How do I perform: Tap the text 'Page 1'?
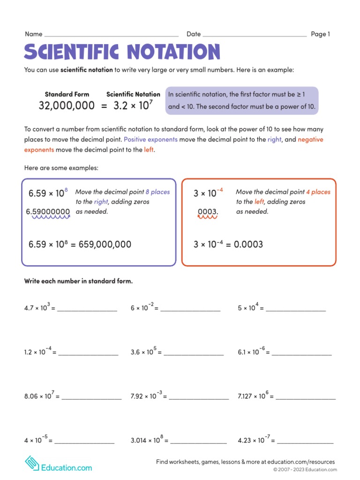[321, 34]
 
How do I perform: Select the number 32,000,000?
[67, 106]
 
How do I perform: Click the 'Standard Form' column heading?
[67, 94]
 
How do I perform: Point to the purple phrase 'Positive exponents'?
[150, 140]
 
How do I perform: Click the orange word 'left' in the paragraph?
[149, 150]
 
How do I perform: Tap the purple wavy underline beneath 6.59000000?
[48, 217]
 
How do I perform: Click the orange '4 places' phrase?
[318, 192]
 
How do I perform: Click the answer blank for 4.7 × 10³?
[87, 310]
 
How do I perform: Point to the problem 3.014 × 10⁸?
[147, 440]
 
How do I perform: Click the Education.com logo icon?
[32, 463]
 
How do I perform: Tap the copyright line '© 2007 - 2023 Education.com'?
[305, 470]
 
